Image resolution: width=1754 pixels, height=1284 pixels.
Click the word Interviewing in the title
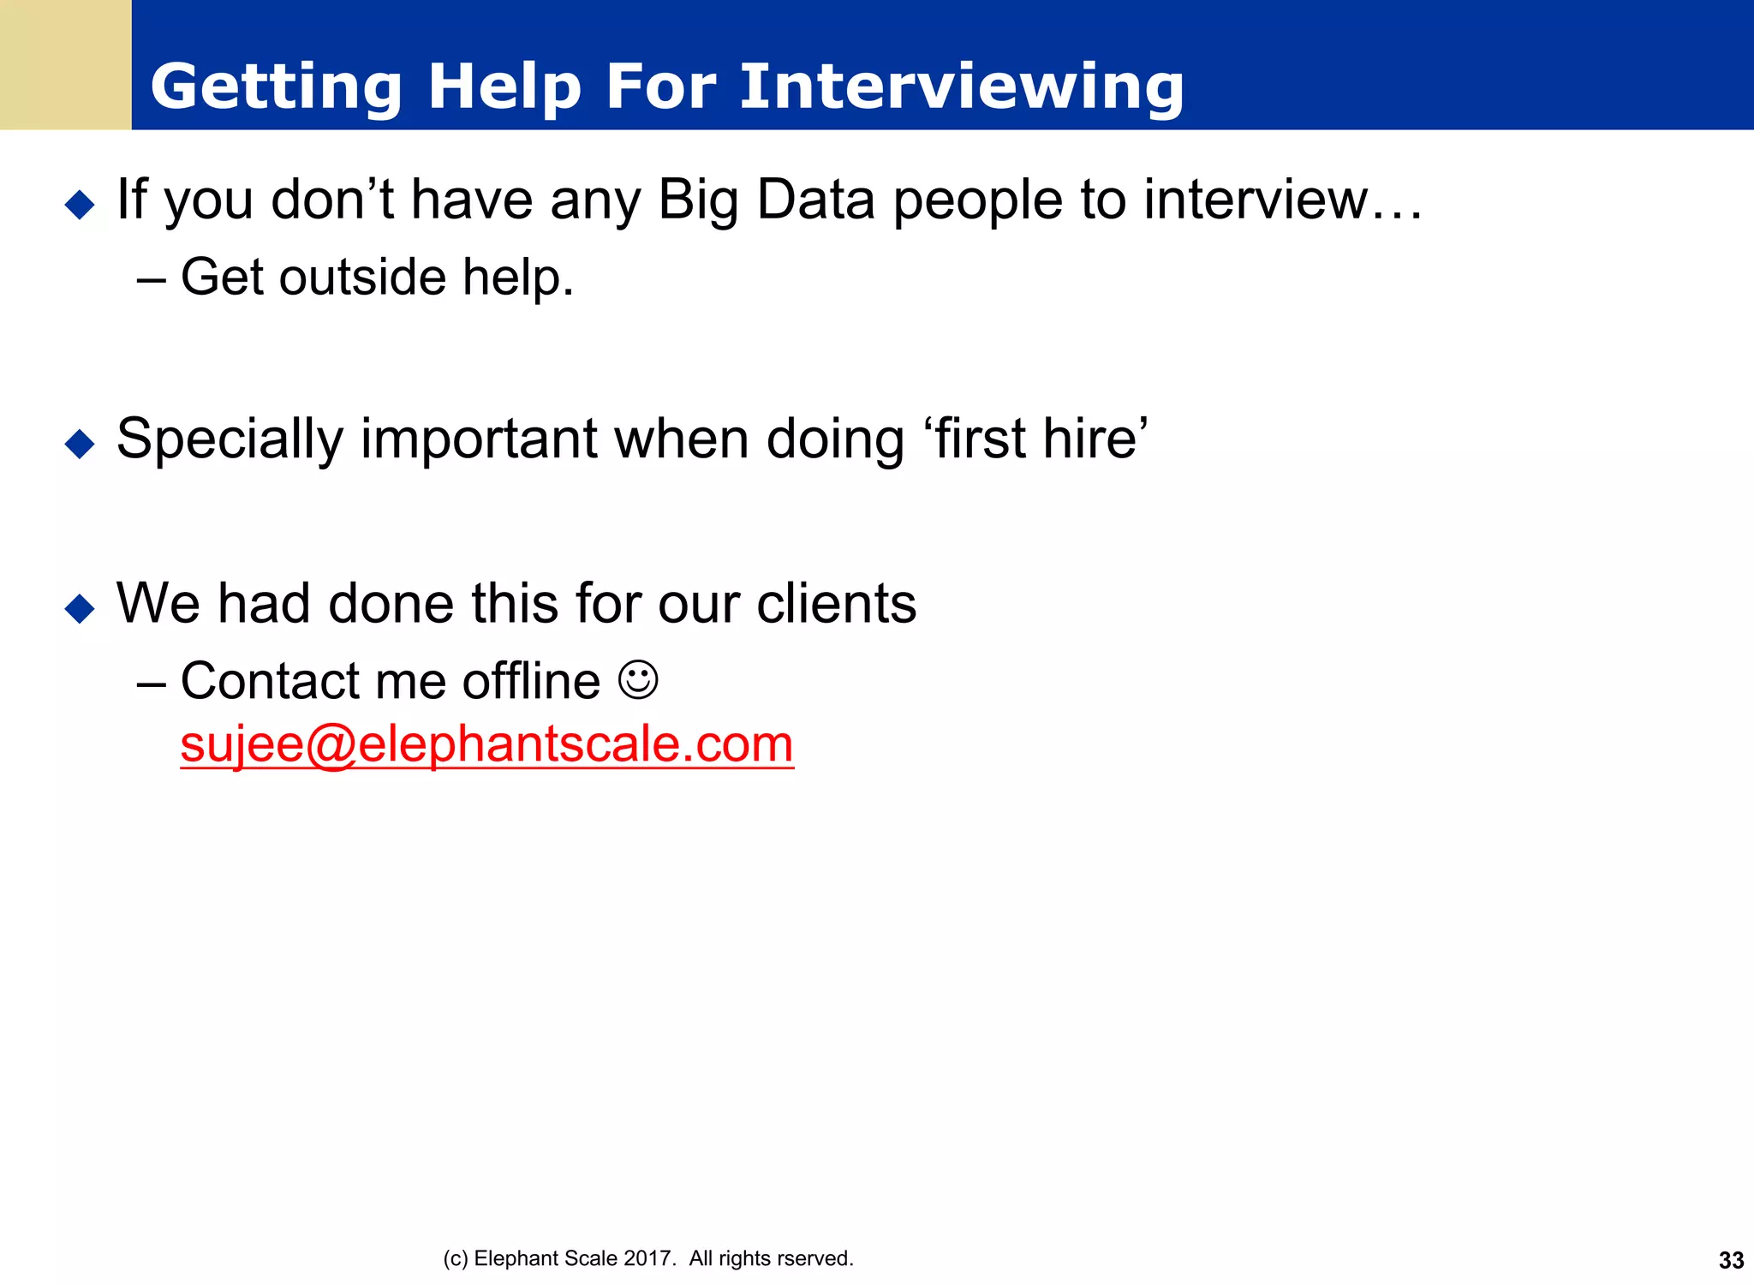click(x=961, y=87)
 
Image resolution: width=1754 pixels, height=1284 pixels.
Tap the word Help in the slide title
click(x=504, y=87)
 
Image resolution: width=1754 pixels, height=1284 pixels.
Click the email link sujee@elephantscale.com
click(x=486, y=744)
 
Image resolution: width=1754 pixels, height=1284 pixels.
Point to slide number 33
click(x=1731, y=1260)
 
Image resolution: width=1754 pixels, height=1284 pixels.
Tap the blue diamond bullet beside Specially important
click(x=80, y=444)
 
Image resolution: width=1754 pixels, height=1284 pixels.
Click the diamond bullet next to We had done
click(x=80, y=608)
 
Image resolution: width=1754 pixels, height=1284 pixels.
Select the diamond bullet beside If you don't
click(x=80, y=205)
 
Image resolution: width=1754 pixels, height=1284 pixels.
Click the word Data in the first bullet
click(x=815, y=200)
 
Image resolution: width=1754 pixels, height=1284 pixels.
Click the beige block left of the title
click(x=65, y=65)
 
